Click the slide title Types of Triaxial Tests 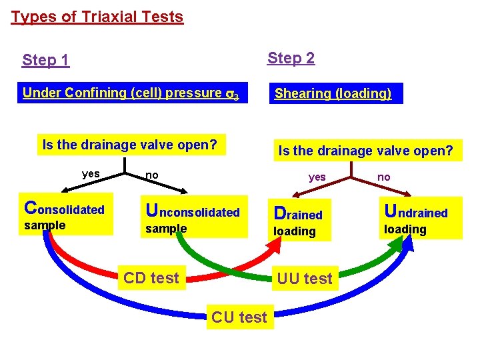click(x=97, y=17)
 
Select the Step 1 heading click(x=45, y=60)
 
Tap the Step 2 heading click(x=291, y=58)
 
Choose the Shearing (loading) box click(x=333, y=93)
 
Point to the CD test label click(x=151, y=277)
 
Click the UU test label click(x=304, y=279)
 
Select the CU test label click(x=239, y=317)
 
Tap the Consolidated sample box click(x=65, y=215)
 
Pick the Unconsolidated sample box click(x=193, y=218)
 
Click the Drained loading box click(x=299, y=221)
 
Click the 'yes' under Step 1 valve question click(x=91, y=174)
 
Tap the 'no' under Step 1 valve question click(x=152, y=175)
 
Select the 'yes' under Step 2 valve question click(x=317, y=177)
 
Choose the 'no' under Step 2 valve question click(x=384, y=177)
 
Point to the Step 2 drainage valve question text click(x=365, y=151)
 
